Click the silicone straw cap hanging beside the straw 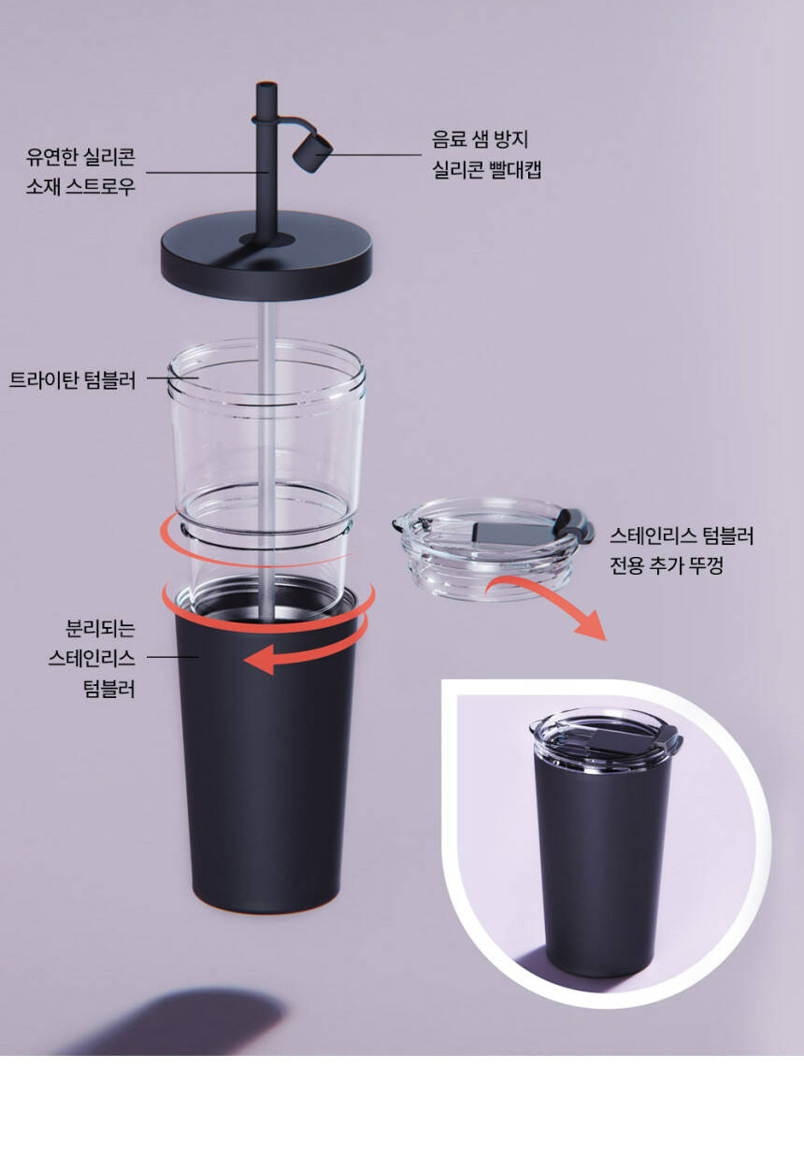point(313,151)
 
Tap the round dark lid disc point(266,255)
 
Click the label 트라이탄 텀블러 point(72,380)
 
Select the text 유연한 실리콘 point(81,156)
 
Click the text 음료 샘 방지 point(481,139)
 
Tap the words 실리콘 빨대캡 point(487,170)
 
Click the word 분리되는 point(100,628)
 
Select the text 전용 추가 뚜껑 point(667,565)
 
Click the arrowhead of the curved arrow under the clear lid point(591,625)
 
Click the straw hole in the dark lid point(267,240)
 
